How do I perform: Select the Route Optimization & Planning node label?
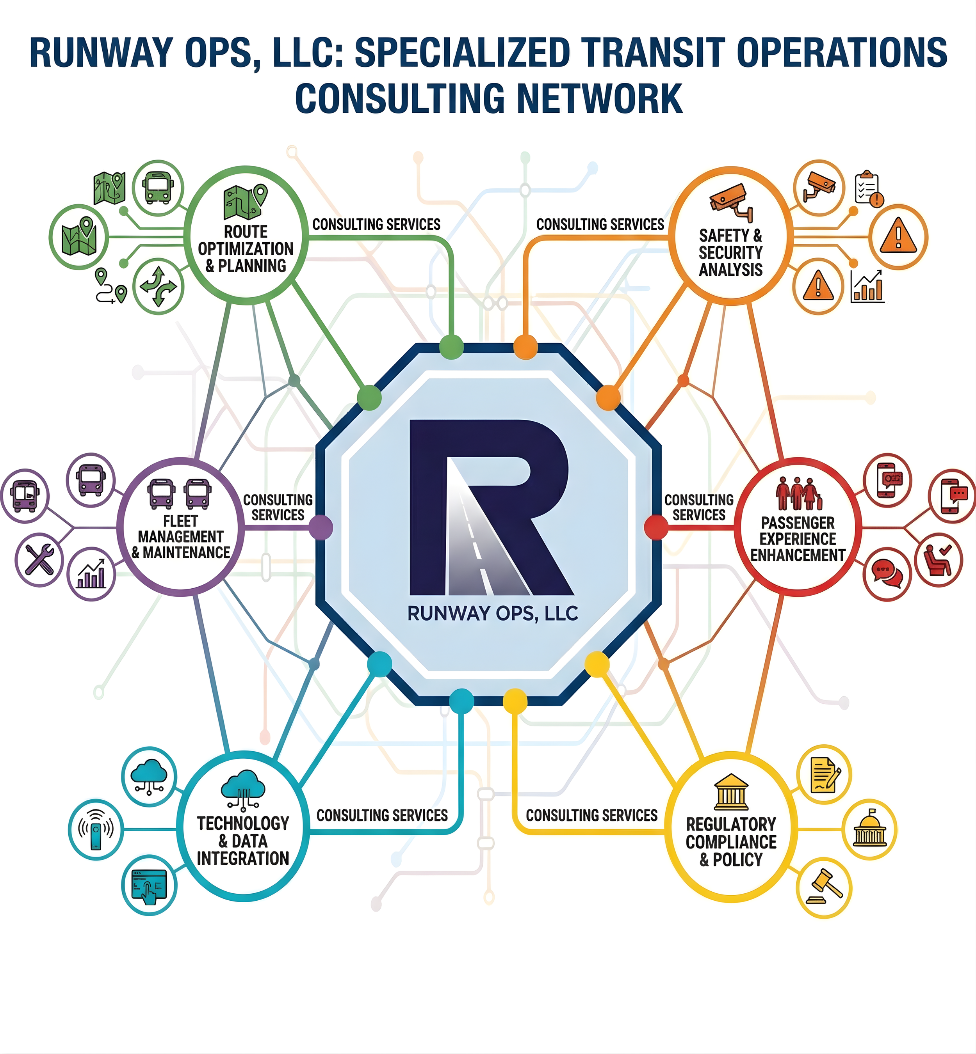point(246,248)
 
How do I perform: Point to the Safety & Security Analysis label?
point(730,252)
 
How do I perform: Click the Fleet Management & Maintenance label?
point(181,537)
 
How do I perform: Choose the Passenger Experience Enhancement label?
point(798,539)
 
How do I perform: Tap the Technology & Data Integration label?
point(243,841)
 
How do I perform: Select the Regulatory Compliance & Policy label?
point(731,842)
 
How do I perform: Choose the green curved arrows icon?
point(158,287)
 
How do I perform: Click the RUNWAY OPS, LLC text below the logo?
point(492,613)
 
